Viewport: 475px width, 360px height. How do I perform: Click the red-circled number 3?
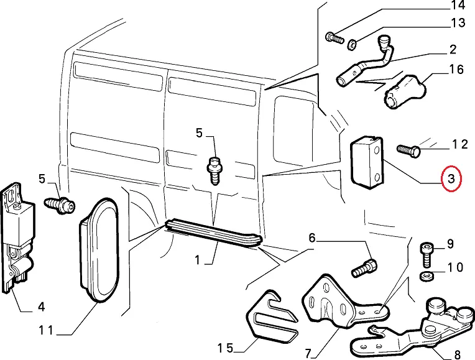[451, 179]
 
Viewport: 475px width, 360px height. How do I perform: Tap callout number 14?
[458, 5]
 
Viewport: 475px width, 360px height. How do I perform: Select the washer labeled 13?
[352, 45]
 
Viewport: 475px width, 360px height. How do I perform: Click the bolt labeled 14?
[334, 38]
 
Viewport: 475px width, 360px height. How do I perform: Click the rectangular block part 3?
[367, 162]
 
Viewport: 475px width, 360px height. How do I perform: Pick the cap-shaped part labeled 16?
[405, 92]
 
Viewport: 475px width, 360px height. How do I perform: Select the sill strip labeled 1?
[213, 232]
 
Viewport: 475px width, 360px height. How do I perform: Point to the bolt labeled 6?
[364, 268]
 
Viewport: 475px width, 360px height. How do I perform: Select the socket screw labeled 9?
[427, 255]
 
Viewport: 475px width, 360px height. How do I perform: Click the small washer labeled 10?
[427, 276]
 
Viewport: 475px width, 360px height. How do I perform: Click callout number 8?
[458, 354]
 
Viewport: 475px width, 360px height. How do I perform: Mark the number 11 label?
[46, 330]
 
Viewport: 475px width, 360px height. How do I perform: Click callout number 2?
[453, 49]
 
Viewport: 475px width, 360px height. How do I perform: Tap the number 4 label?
[41, 307]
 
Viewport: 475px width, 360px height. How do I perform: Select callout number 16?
[456, 70]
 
